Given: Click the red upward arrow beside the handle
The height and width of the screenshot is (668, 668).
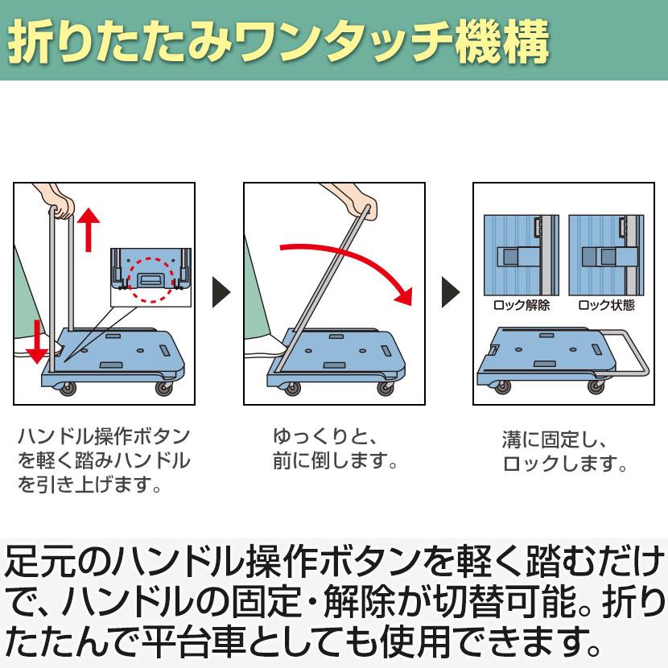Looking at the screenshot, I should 89,229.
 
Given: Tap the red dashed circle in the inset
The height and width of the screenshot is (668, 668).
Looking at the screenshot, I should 152,279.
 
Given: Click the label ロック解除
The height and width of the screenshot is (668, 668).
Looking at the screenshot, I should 522,307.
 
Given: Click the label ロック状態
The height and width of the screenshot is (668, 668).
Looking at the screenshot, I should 606,307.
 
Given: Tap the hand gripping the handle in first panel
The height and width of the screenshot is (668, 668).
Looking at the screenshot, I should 60,202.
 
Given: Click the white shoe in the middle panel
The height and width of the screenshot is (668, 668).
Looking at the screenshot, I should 266,348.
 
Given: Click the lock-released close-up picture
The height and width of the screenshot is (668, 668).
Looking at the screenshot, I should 521,256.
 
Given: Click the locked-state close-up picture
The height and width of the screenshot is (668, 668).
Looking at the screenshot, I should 606,256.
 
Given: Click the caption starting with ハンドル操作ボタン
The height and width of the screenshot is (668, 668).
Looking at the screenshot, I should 104,461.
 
